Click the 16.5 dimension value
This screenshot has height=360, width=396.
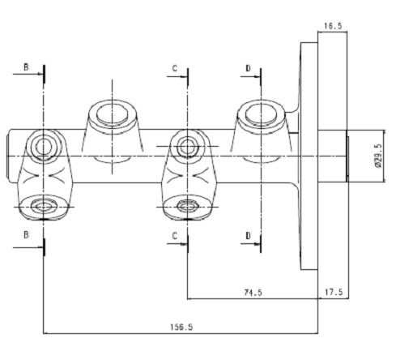(333, 26)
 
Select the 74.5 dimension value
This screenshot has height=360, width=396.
(253, 293)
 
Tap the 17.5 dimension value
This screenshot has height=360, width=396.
(334, 292)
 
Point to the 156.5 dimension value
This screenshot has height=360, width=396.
(181, 328)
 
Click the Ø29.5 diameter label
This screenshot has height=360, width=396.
(378, 156)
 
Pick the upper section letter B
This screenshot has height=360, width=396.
(26, 66)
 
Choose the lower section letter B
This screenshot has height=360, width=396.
(26, 235)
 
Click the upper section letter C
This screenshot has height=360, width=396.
(175, 68)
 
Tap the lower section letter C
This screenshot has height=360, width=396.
(175, 236)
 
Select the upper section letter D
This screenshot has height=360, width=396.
(249, 68)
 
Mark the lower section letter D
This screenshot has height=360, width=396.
(249, 236)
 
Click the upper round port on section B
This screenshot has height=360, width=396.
(43, 147)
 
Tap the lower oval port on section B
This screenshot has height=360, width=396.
(43, 207)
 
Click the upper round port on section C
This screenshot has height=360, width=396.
(186, 147)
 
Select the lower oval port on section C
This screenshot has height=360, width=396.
(187, 207)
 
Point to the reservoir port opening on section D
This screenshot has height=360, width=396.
(261, 115)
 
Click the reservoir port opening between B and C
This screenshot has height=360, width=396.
(112, 115)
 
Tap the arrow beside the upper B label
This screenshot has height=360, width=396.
(28, 74)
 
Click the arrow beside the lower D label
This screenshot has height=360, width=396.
(250, 244)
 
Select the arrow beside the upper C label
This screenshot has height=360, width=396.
(177, 77)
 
